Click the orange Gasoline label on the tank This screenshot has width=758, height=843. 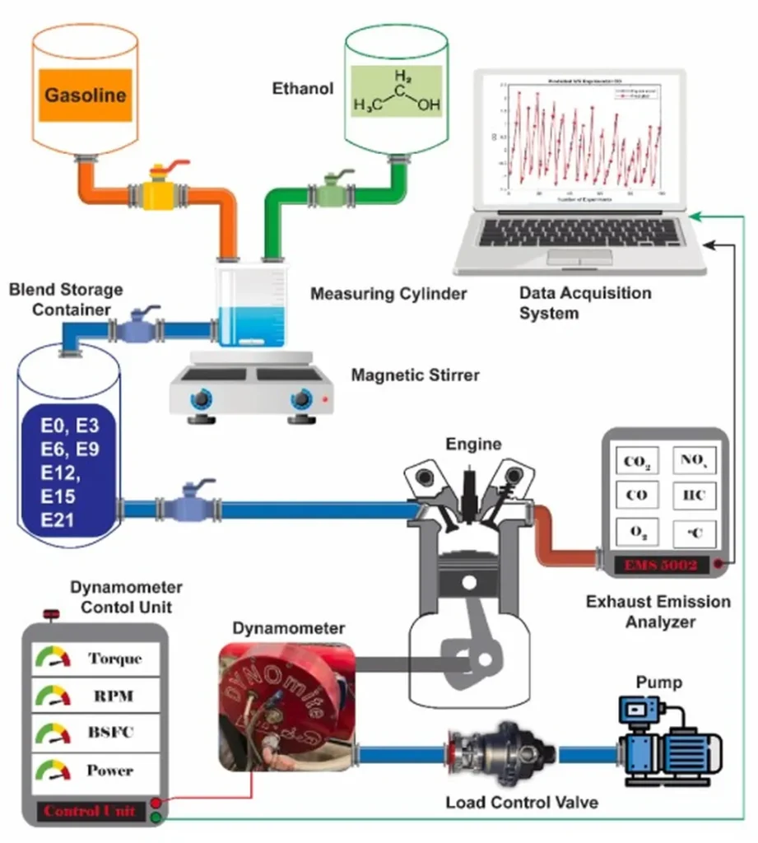[86, 94]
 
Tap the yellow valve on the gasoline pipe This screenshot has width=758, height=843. [159, 195]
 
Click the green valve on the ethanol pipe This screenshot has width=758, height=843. [332, 193]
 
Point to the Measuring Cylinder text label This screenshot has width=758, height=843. [388, 293]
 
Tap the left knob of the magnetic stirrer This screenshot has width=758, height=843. [201, 400]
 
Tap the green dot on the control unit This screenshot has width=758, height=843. [156, 817]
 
